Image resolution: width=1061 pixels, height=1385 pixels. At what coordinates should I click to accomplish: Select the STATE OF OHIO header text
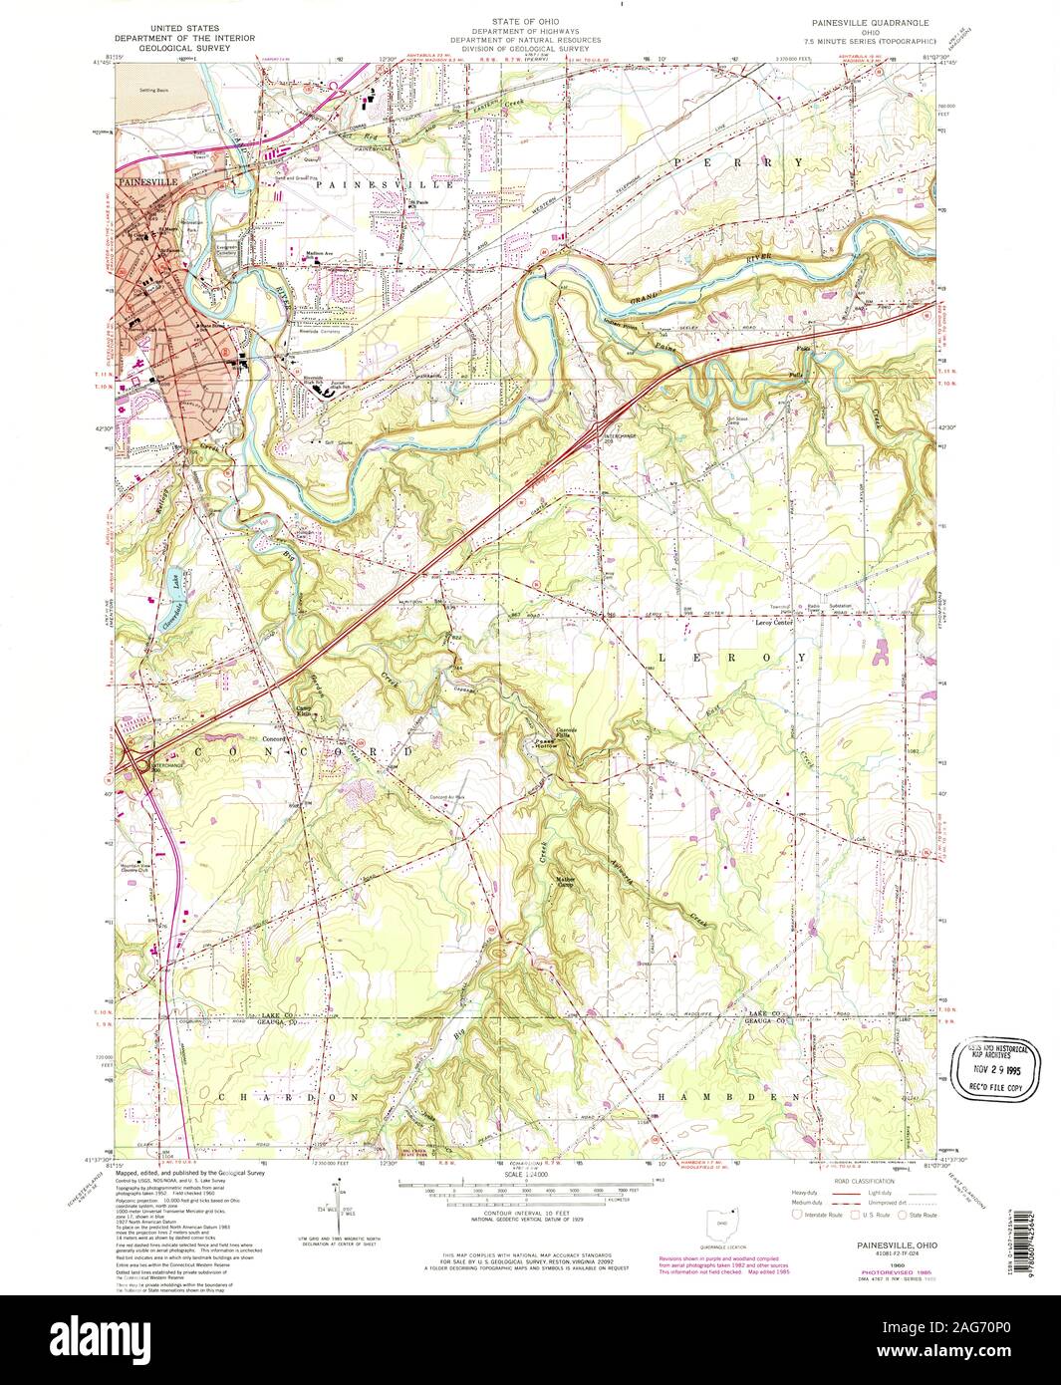pyautogui.click(x=530, y=20)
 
